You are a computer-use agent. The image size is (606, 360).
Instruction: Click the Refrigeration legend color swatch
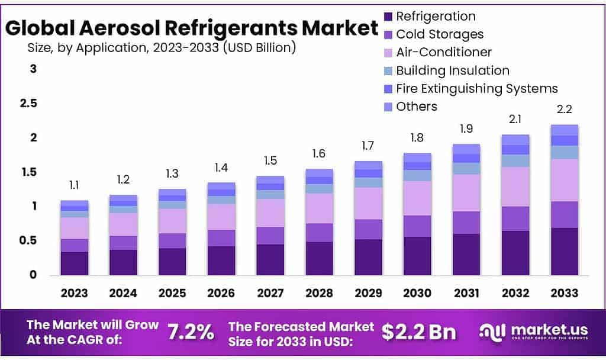388,17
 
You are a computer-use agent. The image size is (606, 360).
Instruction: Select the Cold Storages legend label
439,34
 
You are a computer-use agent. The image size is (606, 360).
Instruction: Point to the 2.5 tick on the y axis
30,104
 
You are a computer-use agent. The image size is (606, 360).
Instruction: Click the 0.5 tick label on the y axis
30,241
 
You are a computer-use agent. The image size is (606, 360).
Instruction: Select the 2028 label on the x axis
319,293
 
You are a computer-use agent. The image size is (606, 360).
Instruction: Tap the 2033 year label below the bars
564,293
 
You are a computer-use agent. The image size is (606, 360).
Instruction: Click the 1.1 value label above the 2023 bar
74,185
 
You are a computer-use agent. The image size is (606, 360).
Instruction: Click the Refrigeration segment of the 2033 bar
564,251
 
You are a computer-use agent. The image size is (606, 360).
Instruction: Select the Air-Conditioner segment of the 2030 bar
417,198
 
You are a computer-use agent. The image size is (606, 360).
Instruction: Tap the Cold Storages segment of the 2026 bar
221,238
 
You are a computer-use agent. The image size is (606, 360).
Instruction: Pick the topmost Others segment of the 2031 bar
466,149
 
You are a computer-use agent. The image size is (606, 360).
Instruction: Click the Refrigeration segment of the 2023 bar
74,263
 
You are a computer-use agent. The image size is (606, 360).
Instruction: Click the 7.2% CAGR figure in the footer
191,332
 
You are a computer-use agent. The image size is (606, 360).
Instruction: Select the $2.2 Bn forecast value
418,332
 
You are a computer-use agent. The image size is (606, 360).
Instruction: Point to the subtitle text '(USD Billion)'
259,47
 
